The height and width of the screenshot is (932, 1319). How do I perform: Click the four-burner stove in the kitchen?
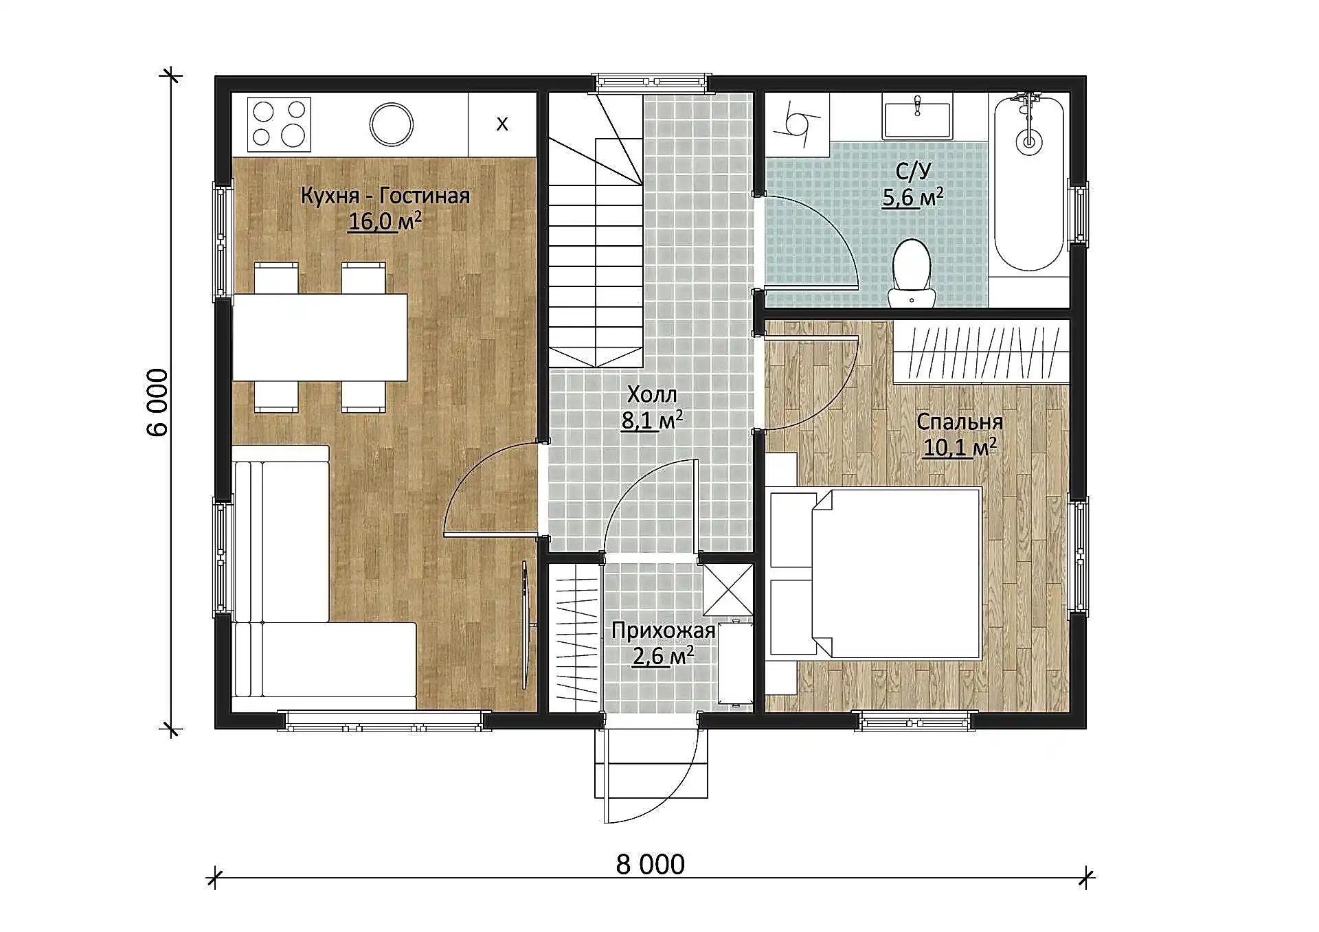(278, 124)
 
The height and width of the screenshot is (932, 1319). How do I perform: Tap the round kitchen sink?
(392, 124)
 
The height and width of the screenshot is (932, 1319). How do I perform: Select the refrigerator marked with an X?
(502, 124)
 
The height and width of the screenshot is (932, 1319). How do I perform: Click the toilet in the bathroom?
(912, 273)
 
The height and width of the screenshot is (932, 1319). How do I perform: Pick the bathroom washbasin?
(917, 120)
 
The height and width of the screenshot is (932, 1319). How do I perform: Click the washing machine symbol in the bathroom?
(798, 124)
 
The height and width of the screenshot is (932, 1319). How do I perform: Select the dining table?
(320, 337)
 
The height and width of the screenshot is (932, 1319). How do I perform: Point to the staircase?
(595, 230)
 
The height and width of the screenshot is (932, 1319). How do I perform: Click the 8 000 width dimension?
(651, 865)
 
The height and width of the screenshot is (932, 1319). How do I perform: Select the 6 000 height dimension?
(157, 402)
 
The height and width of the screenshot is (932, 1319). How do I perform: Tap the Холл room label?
(652, 395)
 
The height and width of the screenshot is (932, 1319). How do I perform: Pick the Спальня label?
(960, 422)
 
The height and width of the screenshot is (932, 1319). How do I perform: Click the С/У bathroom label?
(914, 171)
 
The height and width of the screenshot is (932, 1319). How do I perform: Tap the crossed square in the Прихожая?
(728, 590)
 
